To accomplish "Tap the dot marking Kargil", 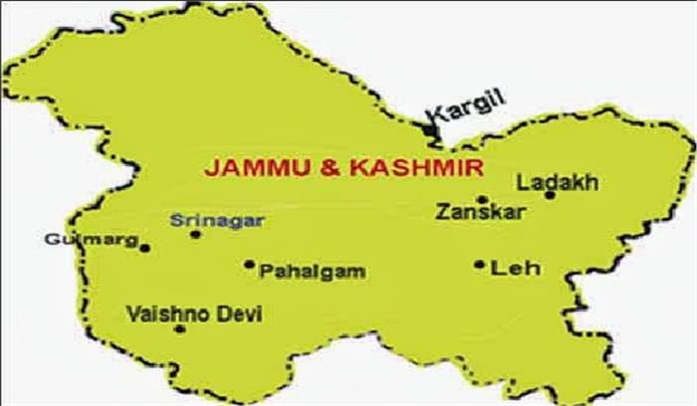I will pyautogui.click(x=428, y=128).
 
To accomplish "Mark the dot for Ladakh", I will pyautogui.click(x=550, y=195).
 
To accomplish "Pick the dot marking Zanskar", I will pyautogui.click(x=481, y=199).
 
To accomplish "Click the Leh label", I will pyautogui.click(x=506, y=267).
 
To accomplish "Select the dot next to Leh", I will pyautogui.click(x=480, y=265).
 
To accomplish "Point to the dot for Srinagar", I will pyautogui.click(x=195, y=235).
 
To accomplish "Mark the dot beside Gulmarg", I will pyautogui.click(x=145, y=248).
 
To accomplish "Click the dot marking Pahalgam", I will pyautogui.click(x=249, y=265).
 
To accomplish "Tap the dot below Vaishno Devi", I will pyautogui.click(x=180, y=328).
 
